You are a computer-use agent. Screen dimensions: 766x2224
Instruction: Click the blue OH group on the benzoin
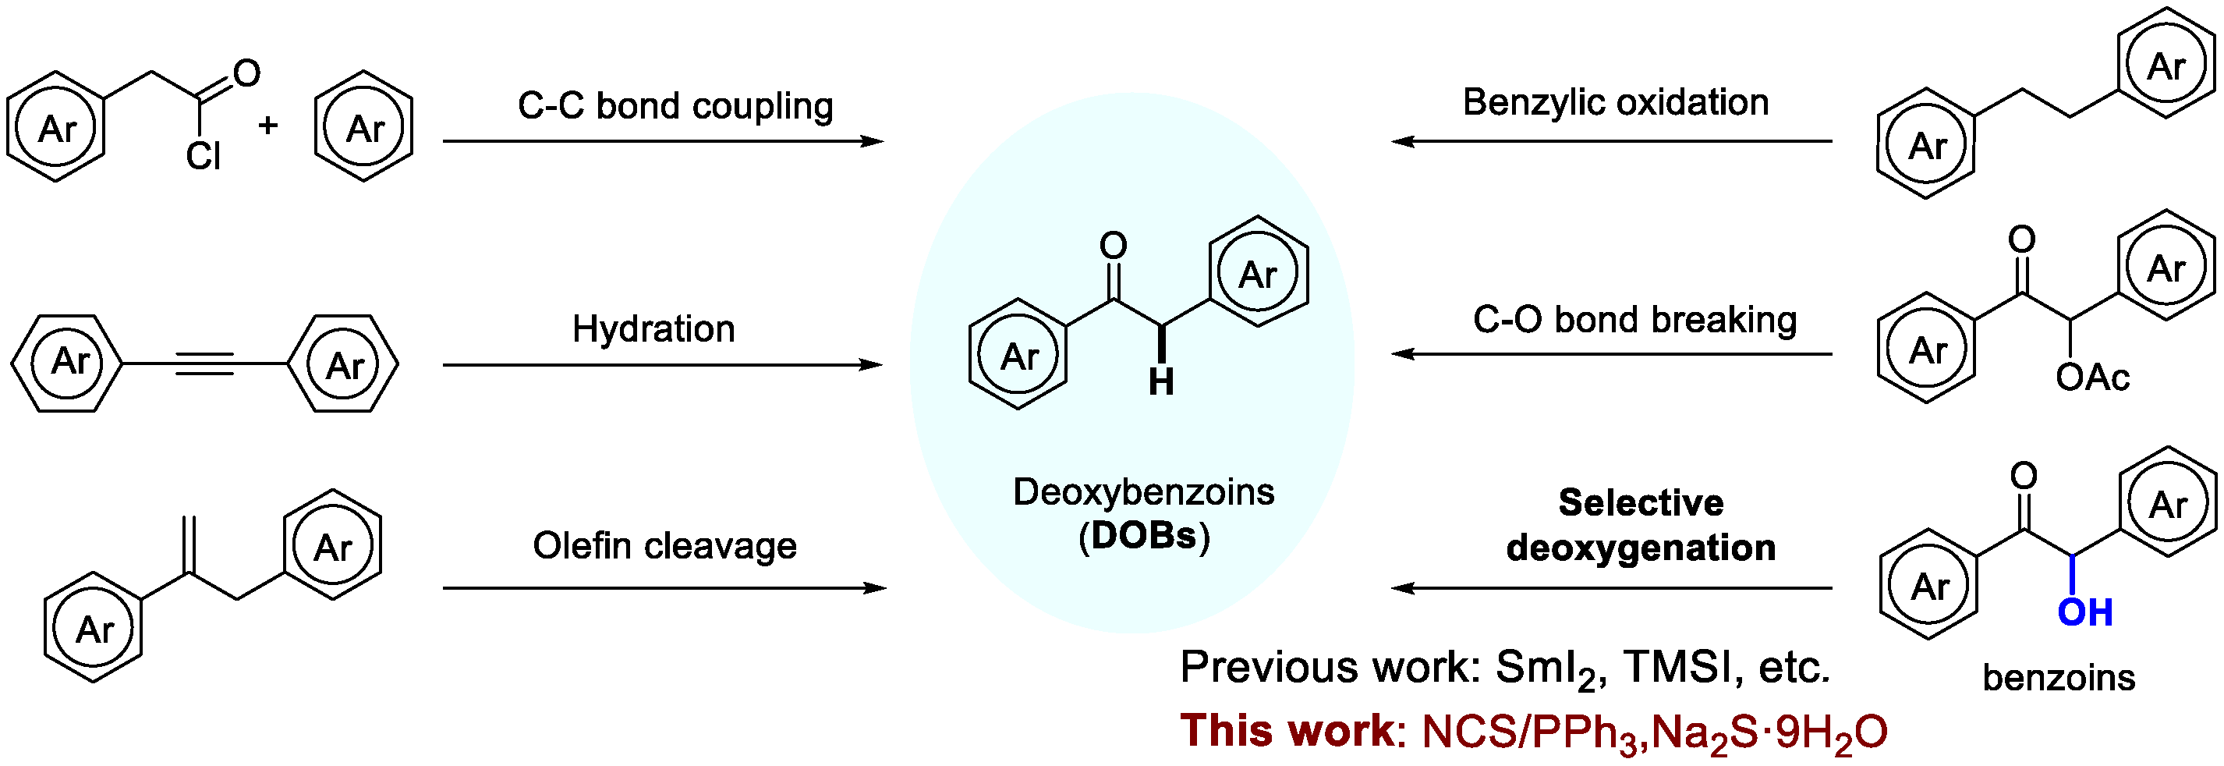[x=2084, y=612]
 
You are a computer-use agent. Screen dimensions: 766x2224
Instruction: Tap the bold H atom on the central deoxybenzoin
[x=1161, y=381]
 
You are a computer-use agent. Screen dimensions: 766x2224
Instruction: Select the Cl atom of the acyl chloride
[x=204, y=156]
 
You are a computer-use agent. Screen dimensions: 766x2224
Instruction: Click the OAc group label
[x=2093, y=378]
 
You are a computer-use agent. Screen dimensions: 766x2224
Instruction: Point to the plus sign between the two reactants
[x=267, y=126]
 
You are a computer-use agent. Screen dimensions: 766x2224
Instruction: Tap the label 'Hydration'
[x=653, y=329]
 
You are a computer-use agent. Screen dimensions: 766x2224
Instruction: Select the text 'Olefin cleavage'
[x=664, y=546]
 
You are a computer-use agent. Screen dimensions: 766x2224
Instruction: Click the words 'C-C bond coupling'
[x=675, y=105]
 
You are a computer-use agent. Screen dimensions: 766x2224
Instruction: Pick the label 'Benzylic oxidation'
[x=1615, y=102]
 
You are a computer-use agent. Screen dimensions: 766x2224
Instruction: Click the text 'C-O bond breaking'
[x=1634, y=320]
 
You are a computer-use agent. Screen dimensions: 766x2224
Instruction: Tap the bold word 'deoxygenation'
[x=1641, y=548]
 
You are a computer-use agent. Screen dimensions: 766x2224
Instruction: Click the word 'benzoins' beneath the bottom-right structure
[x=2058, y=678]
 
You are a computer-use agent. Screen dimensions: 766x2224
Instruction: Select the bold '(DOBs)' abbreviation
[x=1144, y=537]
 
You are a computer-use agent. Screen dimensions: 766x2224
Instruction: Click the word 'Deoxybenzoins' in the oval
[x=1143, y=492]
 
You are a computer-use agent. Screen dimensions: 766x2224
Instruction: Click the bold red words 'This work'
[x=1287, y=731]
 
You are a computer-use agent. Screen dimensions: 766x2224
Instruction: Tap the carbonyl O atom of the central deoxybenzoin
[x=1113, y=245]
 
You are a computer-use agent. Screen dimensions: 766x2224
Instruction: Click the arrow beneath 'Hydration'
[x=662, y=365]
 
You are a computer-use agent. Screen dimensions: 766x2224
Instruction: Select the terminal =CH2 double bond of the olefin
[x=190, y=544]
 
